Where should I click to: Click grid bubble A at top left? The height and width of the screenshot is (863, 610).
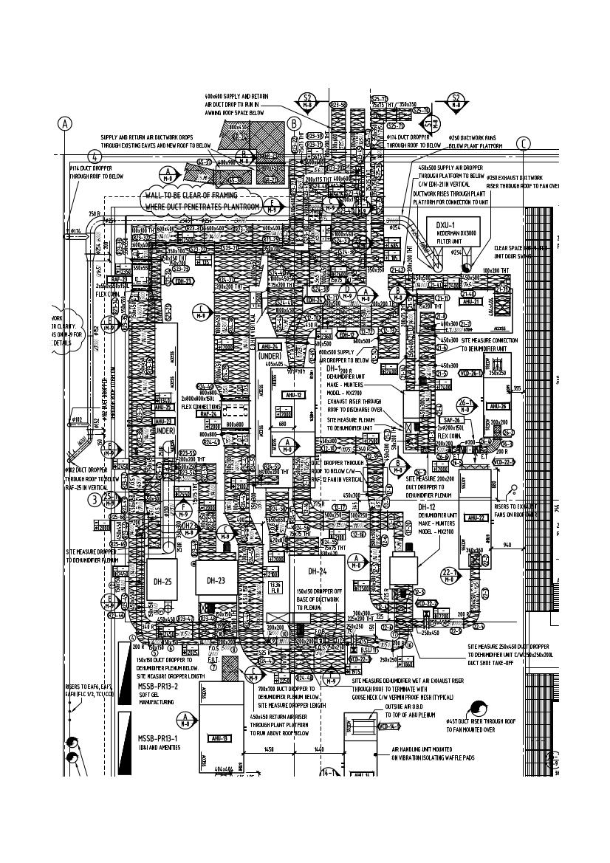coord(66,123)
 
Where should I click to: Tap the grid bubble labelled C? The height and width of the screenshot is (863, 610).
coord(524,143)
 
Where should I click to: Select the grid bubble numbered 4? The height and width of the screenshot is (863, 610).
coord(95,157)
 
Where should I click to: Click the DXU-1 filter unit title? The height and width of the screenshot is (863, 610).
coord(445,224)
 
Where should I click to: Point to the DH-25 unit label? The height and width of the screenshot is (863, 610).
coord(162,582)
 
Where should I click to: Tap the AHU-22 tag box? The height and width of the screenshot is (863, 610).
coord(471,517)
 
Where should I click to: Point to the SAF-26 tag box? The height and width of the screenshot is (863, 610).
coord(453,420)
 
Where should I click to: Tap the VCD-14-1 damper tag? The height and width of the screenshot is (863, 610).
coord(388,726)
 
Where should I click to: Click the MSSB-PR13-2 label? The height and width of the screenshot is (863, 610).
coord(158,686)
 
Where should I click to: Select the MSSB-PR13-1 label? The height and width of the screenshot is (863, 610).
coord(158,737)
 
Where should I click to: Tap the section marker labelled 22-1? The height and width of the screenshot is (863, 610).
coord(450,575)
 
